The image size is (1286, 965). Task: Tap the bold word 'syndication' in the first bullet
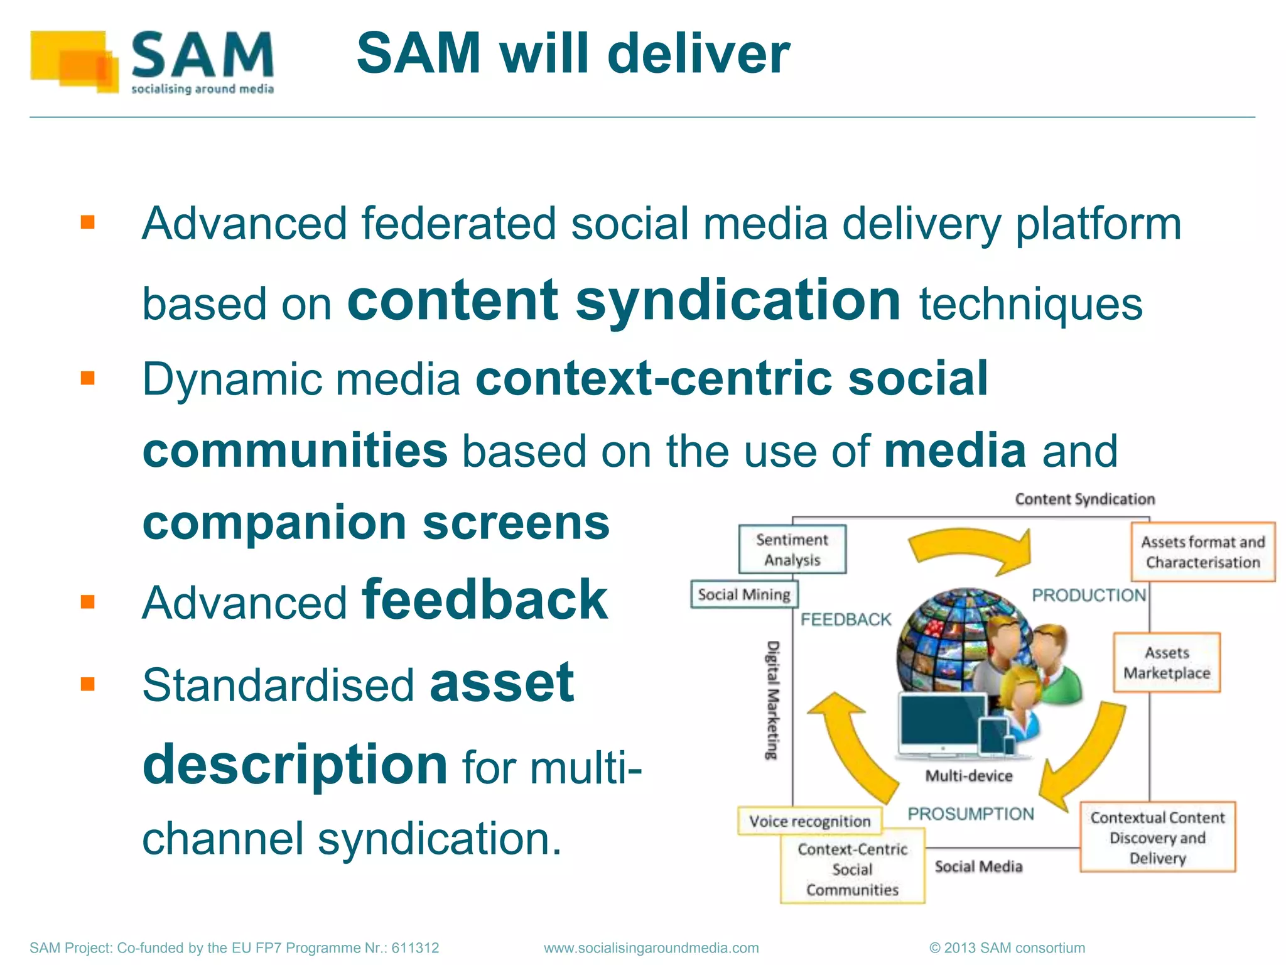(x=738, y=300)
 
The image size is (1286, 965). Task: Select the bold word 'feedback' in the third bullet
(x=485, y=601)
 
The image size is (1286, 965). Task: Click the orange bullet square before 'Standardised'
(x=87, y=684)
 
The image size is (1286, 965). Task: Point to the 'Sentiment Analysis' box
(x=792, y=549)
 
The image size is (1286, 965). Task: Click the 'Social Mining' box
(x=744, y=594)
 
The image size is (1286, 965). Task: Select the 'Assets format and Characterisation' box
(x=1202, y=552)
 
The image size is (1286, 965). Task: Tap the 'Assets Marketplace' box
(x=1167, y=663)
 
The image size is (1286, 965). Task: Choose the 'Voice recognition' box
(x=809, y=821)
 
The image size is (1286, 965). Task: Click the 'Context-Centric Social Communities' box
(x=852, y=870)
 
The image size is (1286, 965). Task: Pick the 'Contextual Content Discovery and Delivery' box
(x=1157, y=837)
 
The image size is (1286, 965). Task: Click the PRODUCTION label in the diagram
(x=1089, y=595)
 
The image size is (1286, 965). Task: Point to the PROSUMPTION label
(x=971, y=814)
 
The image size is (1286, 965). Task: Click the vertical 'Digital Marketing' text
(x=774, y=700)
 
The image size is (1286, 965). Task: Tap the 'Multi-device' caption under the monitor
(x=969, y=776)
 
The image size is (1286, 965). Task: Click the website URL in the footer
(x=651, y=947)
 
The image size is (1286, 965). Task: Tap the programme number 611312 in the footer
(x=415, y=947)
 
